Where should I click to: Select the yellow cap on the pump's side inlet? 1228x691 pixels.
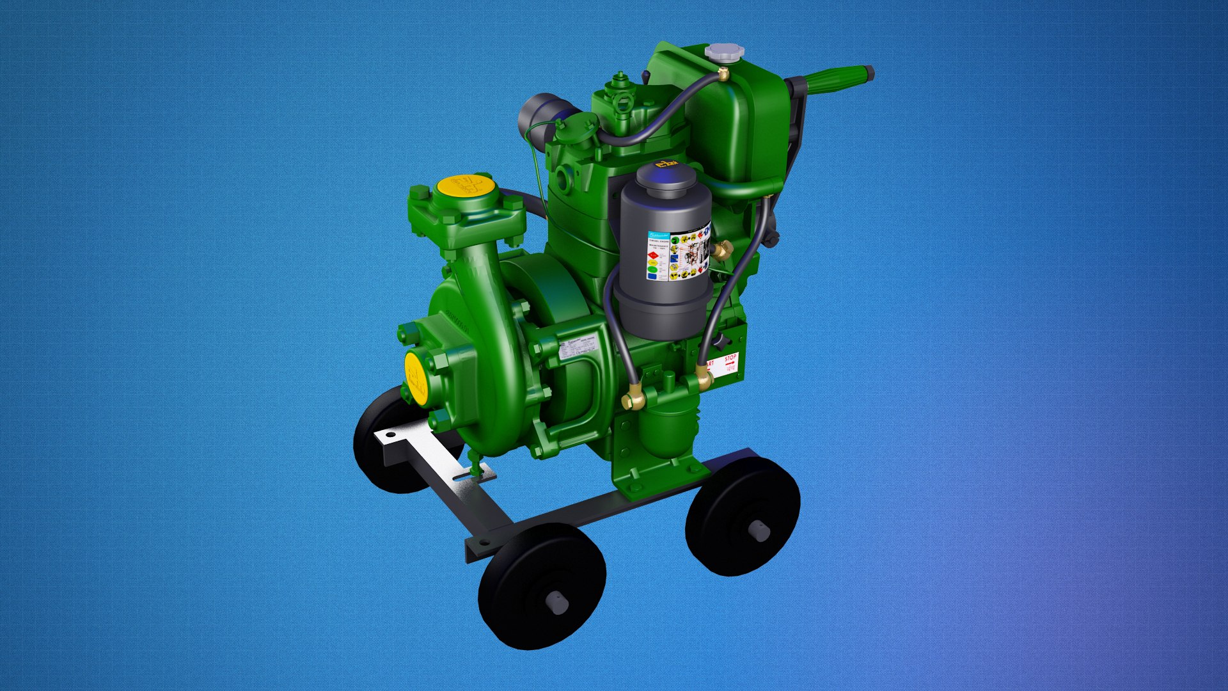(x=416, y=377)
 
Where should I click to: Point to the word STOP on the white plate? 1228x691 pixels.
(x=730, y=358)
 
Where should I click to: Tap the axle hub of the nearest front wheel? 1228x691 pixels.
(x=557, y=602)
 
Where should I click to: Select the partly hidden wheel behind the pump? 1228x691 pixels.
(x=384, y=448)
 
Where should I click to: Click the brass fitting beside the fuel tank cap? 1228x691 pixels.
(x=723, y=75)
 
